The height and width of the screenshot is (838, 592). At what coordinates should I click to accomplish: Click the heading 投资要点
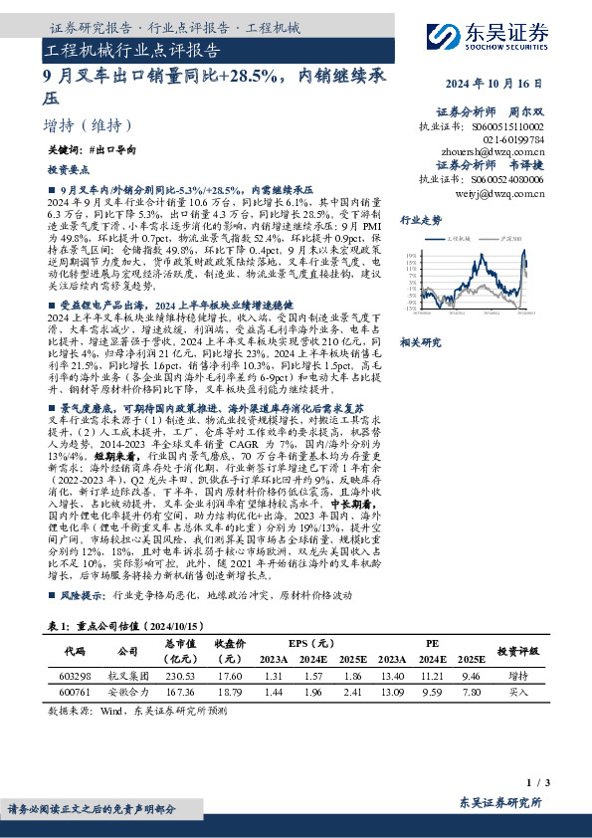coord(68,171)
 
